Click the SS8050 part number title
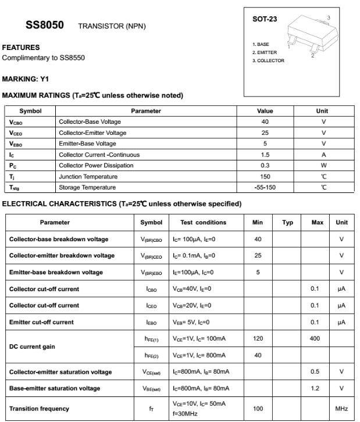45,26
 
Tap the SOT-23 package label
265,19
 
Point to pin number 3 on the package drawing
328,19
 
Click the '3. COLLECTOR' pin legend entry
268,61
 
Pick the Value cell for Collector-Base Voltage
265,122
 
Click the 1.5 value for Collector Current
265,155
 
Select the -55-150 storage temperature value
265,187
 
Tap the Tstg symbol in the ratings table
15,188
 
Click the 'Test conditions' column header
203,223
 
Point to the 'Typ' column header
287,223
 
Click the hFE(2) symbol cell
151,355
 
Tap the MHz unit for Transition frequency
341,409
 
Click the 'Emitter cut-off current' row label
41,322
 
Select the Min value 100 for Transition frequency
258,409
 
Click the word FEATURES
21,48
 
